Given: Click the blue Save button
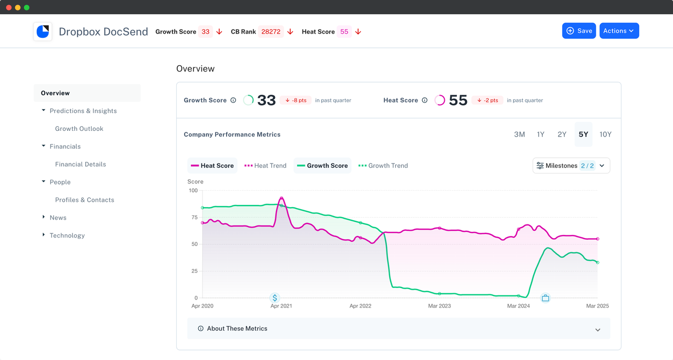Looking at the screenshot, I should (x=578, y=31).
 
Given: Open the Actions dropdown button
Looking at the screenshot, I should (x=619, y=31).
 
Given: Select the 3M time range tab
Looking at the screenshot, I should (x=519, y=135).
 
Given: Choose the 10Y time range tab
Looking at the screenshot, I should (x=605, y=135).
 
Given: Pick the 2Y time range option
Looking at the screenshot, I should (x=562, y=135).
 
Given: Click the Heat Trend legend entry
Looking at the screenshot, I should (x=266, y=166).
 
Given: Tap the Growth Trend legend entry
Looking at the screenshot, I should (x=383, y=166).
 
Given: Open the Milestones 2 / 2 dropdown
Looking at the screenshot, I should (x=571, y=166).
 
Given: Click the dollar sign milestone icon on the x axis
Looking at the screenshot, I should (x=274, y=298).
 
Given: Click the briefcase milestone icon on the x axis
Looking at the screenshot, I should (x=545, y=298).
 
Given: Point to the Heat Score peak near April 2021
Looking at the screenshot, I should (x=281, y=198).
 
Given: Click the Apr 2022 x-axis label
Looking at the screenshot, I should (x=361, y=306).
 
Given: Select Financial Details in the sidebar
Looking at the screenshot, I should (x=80, y=164).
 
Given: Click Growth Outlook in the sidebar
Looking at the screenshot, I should (x=79, y=129).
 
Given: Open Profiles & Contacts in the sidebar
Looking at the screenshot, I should (x=85, y=200).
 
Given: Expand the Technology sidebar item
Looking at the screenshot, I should (x=67, y=235).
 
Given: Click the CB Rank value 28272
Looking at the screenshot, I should (x=271, y=32).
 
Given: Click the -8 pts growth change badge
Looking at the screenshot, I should (x=295, y=100).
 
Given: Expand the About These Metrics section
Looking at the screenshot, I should (x=399, y=328).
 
